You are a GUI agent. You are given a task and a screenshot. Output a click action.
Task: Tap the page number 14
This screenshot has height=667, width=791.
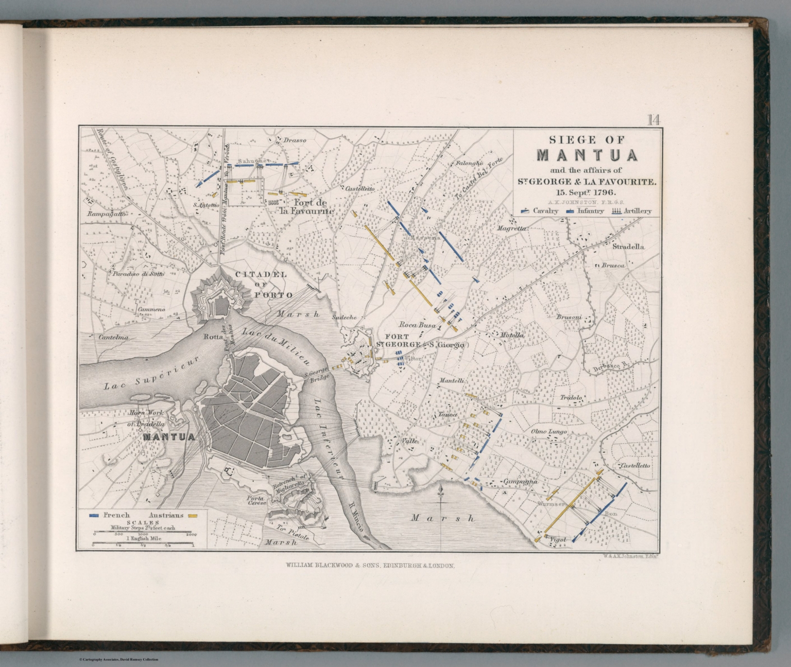click(654, 120)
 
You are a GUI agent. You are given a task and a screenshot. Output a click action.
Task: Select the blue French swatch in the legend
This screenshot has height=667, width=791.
click(94, 515)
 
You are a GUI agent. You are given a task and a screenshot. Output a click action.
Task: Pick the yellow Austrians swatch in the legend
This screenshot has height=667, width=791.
click(194, 515)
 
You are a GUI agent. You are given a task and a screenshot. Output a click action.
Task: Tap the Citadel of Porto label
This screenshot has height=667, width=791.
click(263, 285)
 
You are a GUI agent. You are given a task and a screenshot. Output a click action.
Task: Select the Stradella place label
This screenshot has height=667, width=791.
click(628, 247)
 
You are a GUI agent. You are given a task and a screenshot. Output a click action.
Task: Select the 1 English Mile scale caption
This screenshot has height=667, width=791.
click(143, 538)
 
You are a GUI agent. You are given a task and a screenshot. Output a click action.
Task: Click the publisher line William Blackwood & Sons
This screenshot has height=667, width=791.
click(369, 565)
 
